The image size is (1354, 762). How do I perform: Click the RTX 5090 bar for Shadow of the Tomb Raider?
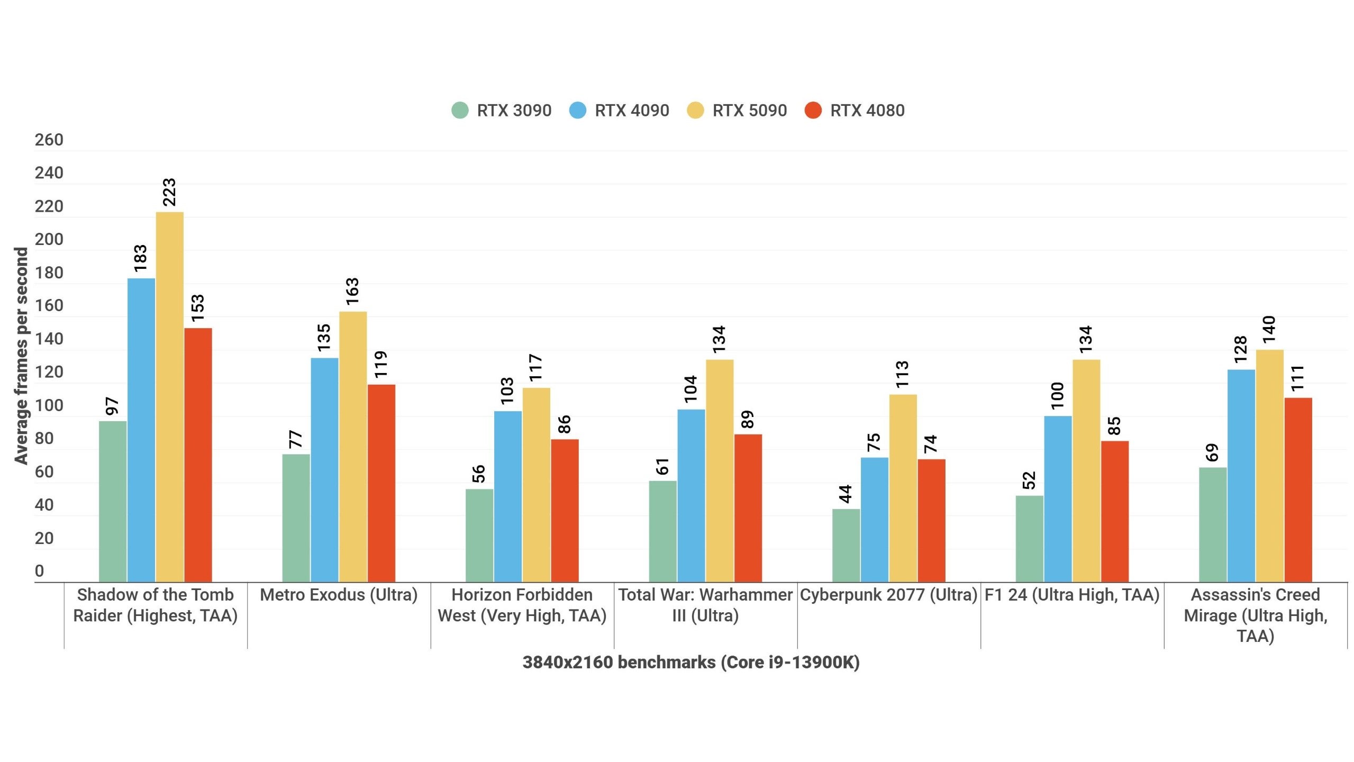pos(170,397)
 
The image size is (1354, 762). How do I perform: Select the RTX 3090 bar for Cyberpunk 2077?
pos(846,545)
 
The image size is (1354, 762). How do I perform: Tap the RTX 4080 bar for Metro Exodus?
pos(381,483)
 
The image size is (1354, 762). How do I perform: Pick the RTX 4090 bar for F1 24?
pos(1058,498)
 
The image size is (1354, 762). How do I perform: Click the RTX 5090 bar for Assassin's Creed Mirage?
pos(1269,466)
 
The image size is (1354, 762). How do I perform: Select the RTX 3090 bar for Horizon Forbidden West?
pos(479,535)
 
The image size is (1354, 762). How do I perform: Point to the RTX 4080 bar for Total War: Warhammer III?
pos(748,508)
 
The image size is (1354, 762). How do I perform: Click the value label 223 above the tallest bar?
pos(169,192)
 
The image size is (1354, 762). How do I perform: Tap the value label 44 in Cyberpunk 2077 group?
pos(846,494)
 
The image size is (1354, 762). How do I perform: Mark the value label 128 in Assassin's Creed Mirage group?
pos(1240,349)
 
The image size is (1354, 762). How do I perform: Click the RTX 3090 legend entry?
pos(502,111)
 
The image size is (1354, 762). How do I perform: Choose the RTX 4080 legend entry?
pos(855,111)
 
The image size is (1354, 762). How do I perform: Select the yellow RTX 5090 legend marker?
pos(695,111)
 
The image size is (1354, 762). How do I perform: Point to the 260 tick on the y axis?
pos(49,140)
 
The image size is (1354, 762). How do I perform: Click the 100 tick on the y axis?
pos(49,406)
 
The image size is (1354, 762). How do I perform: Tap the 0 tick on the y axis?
pos(40,571)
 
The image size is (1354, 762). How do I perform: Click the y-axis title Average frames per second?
pos(21,356)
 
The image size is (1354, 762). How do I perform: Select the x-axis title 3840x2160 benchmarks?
pos(690,663)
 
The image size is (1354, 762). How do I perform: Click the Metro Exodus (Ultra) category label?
pos(339,595)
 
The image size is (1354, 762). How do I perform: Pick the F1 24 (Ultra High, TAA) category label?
pos(1072,595)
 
